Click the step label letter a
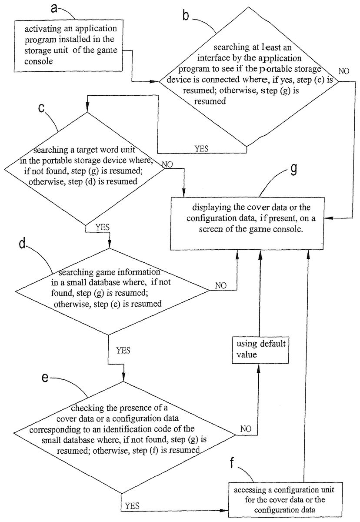[x=54, y=9]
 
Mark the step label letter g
[x=293, y=169]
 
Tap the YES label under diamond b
[x=201, y=148]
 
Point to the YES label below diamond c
[x=103, y=227]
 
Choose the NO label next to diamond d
[x=221, y=285]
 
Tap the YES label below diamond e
[x=132, y=506]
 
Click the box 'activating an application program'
[x=68, y=46]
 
